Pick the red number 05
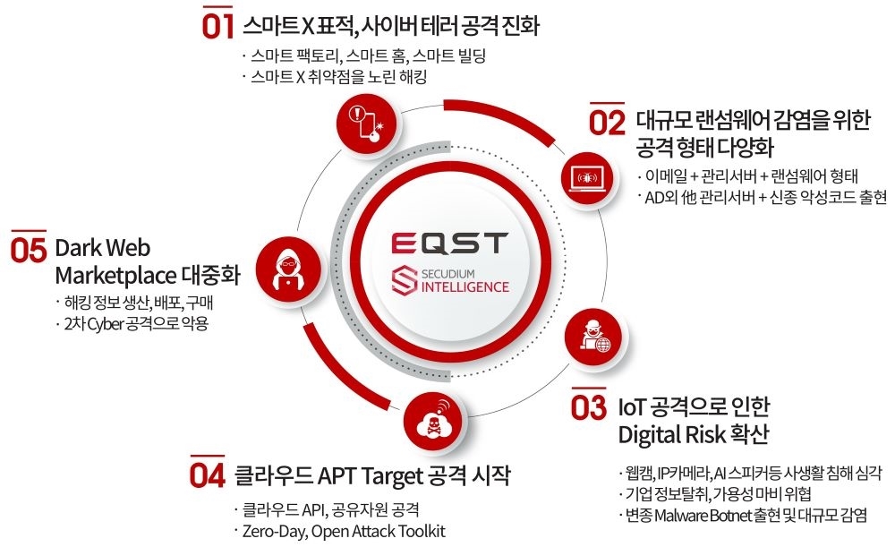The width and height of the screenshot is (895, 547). coord(28,250)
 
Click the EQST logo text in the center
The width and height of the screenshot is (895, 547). coord(449,243)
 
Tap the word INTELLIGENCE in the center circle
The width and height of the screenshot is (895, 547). coord(465,286)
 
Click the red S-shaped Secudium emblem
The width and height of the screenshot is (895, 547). coord(405,280)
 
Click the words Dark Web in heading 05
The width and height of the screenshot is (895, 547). coord(103,248)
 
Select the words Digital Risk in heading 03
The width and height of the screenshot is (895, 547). coord(663,435)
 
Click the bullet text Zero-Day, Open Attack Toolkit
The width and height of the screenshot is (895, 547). coord(344,532)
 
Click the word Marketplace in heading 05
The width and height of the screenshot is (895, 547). coord(115,277)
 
